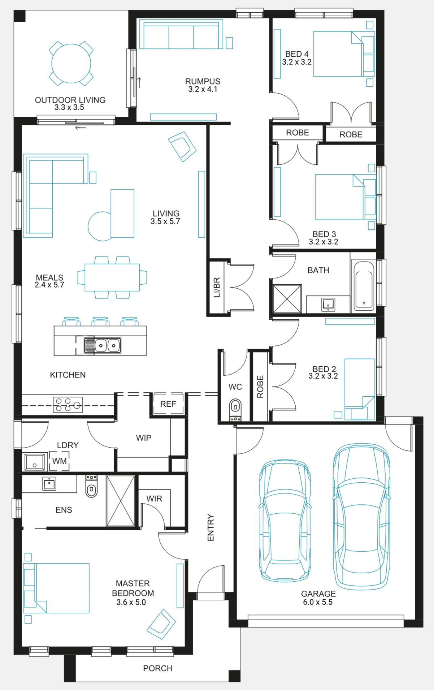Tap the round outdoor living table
coord(71,64)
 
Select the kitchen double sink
coord(103,345)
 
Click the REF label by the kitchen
coord(168,404)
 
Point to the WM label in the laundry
coord(60,461)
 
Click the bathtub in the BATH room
coord(364,285)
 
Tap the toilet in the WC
coord(235,410)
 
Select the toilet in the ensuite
coord(91,486)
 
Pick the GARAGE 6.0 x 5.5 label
coord(318,598)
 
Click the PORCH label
coord(158,668)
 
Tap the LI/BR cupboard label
coord(217,288)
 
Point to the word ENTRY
coord(211,528)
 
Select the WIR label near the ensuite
coord(154,499)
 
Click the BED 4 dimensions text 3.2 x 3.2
coord(297,62)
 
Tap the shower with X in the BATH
coord(287,299)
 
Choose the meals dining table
coord(112,277)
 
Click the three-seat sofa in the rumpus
coord(181,34)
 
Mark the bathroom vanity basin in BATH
coord(328,304)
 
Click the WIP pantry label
coord(144,438)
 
